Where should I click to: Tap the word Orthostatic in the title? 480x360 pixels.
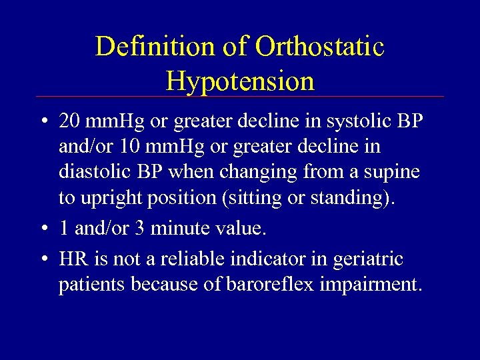click(x=321, y=47)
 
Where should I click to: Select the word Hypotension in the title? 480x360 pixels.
click(x=240, y=81)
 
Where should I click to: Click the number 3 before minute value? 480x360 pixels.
click(x=141, y=229)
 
